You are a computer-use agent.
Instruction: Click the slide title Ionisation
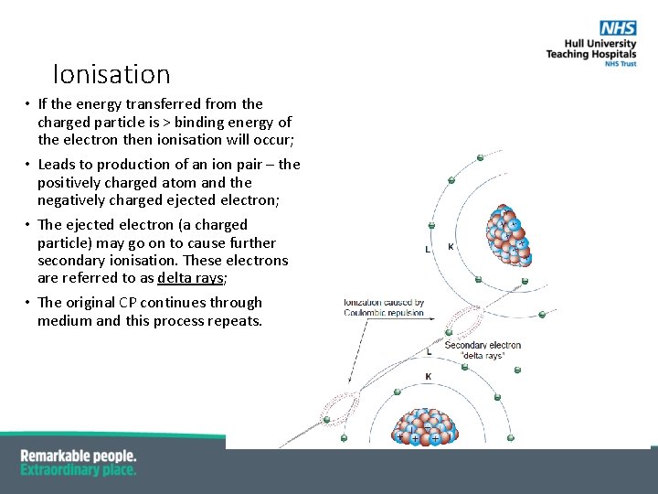click(111, 74)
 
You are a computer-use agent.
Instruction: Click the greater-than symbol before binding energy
click(165, 122)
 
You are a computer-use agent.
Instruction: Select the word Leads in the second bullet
click(57, 165)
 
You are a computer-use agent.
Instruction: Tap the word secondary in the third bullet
click(69, 261)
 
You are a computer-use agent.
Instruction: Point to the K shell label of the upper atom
click(451, 247)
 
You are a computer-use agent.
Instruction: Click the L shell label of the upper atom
click(428, 249)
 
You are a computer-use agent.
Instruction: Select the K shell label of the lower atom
click(429, 376)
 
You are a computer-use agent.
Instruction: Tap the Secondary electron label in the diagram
click(482, 345)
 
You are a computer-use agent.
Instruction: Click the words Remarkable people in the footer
click(79, 456)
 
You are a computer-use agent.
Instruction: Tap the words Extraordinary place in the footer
click(79, 470)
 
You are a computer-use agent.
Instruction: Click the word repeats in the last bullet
click(236, 321)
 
